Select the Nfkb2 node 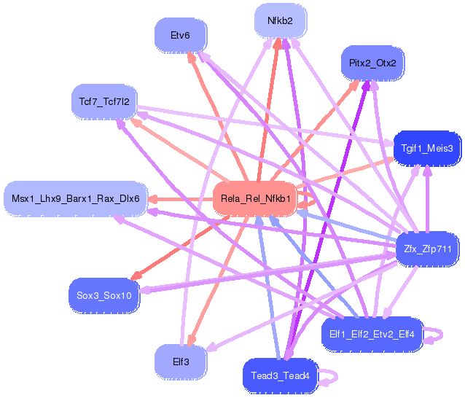click(280, 21)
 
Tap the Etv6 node click(179, 34)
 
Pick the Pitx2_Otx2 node click(372, 63)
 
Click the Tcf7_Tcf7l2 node click(104, 101)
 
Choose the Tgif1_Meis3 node click(427, 148)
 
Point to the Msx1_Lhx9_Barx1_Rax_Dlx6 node click(75, 198)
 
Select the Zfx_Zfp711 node click(428, 250)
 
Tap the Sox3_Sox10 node click(104, 295)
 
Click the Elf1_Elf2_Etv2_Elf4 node click(372, 334)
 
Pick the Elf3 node click(179, 361)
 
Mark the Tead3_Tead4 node click(280, 375)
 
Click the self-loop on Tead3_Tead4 click(329, 377)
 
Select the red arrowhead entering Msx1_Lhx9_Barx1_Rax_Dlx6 click(153, 198)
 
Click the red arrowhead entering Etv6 click(192, 55)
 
